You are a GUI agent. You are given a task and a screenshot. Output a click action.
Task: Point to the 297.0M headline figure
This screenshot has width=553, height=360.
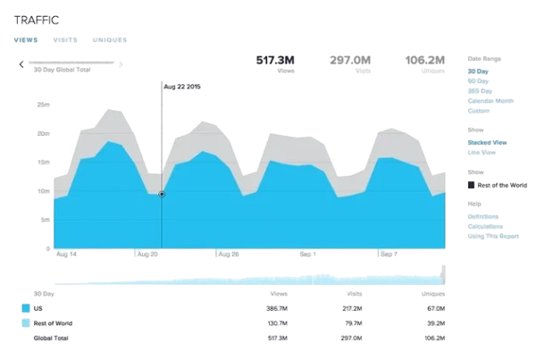[x=350, y=60]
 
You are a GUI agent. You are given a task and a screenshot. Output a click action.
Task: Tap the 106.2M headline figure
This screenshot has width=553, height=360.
[x=425, y=60]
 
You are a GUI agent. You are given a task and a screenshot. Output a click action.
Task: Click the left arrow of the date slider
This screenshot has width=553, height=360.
[x=20, y=64]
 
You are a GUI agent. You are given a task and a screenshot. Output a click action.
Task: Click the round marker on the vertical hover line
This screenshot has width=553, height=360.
[x=161, y=193]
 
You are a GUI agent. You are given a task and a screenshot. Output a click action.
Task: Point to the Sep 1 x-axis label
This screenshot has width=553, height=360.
[x=307, y=255]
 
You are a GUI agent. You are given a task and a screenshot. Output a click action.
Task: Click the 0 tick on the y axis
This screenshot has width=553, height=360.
[x=48, y=249]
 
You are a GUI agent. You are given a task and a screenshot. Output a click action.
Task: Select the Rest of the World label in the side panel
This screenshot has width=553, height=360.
[x=502, y=185]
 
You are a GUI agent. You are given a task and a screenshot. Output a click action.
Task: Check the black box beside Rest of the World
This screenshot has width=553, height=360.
[x=471, y=185]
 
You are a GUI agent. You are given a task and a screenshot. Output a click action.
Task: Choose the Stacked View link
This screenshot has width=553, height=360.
[x=488, y=141]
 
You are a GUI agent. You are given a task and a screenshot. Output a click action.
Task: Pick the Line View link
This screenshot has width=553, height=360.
[x=483, y=152]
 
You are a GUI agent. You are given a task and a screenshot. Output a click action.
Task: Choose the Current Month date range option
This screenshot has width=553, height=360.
[x=490, y=101]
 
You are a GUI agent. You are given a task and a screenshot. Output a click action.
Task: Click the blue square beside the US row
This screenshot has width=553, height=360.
[x=25, y=308]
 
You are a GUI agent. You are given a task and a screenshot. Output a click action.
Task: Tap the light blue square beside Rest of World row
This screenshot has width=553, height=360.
[x=25, y=323]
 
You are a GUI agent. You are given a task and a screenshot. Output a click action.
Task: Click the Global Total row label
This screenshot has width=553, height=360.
[x=52, y=339]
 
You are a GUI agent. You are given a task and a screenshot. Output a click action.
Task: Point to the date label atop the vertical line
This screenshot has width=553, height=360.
[x=181, y=87]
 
